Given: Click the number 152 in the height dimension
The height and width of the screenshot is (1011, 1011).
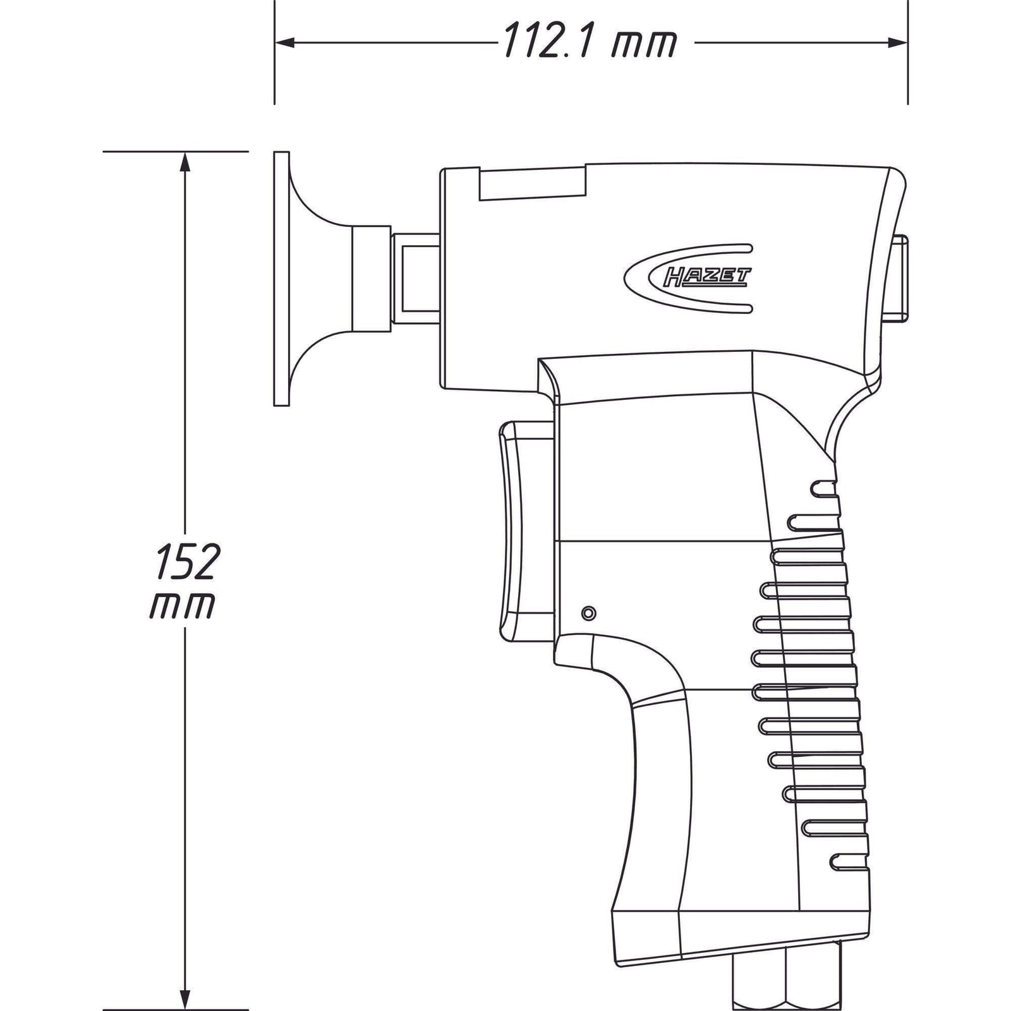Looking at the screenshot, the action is pos(186,561).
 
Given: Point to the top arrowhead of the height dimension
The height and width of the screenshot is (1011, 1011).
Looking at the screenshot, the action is pos(185,162).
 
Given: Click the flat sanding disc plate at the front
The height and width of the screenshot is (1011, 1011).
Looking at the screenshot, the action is pos(282,278).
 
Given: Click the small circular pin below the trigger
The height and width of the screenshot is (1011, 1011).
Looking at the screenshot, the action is pos(588,612).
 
